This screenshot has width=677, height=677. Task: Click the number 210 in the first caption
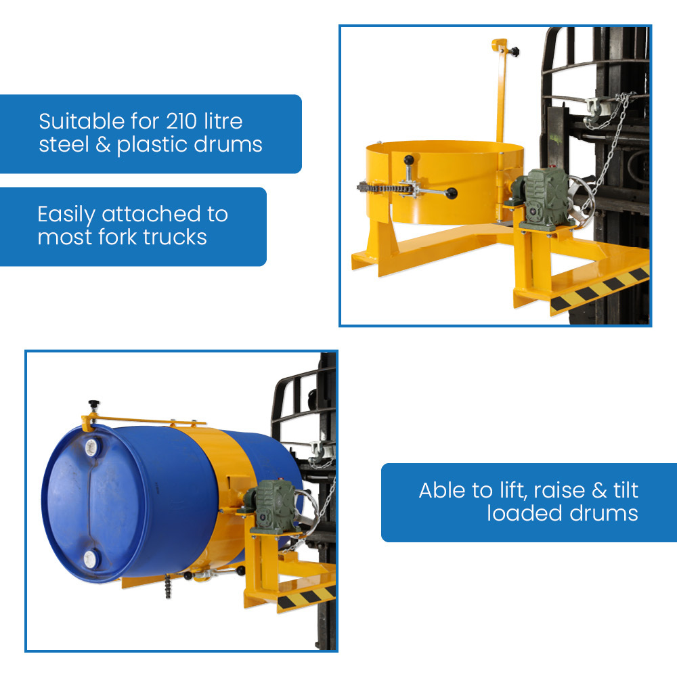tap(182, 121)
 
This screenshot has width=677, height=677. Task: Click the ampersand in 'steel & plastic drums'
tap(103, 144)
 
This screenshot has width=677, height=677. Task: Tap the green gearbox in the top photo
tap(545, 198)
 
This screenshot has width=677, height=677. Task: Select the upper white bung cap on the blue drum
tap(92, 447)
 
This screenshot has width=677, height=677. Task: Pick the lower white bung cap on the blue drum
tap(91, 559)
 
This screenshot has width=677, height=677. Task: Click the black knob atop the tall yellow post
tap(515, 52)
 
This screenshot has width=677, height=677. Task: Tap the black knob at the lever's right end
tap(452, 194)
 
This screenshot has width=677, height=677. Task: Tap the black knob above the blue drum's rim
tap(93, 406)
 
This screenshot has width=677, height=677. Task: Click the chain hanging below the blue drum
tap(169, 586)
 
